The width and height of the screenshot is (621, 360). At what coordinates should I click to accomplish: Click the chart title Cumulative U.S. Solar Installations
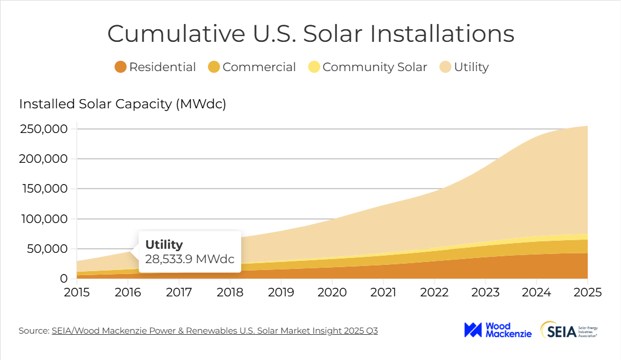pos(310,34)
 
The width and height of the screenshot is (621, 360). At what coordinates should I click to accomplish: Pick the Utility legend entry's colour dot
pos(445,67)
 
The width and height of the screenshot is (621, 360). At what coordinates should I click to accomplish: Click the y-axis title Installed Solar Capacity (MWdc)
pos(123,104)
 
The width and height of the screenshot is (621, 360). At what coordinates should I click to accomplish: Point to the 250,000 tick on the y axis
pos(44,129)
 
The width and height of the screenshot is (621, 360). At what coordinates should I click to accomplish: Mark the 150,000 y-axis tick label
pos(44,189)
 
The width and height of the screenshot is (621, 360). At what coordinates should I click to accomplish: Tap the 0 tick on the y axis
pos(64,279)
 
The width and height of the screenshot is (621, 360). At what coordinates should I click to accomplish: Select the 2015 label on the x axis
pos(77,292)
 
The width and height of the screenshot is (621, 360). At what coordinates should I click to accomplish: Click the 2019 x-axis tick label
pos(281,292)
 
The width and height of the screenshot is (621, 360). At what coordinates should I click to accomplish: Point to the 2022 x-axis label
pos(434,292)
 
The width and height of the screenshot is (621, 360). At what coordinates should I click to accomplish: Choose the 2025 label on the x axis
pos(587,292)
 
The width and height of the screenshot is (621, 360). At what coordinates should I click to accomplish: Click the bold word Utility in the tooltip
pos(164,244)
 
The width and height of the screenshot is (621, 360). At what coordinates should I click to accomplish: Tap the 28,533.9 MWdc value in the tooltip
pos(190,259)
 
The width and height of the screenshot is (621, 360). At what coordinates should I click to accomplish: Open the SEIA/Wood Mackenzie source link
pos(214,331)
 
